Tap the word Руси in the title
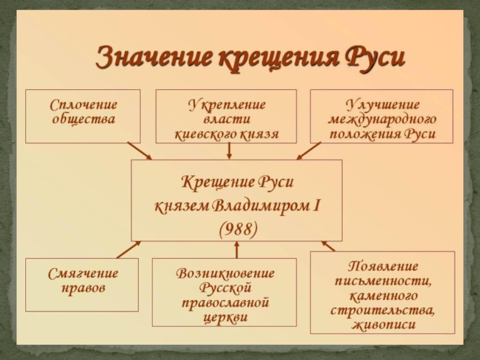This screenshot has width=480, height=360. [373, 58]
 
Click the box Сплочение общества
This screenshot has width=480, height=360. [82, 116]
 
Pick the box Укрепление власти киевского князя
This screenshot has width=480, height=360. [226, 116]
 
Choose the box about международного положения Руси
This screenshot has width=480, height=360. [382, 116]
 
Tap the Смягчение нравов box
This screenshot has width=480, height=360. [82, 284]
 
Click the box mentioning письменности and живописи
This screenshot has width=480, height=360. [382, 292]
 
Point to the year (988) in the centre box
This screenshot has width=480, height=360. [236, 229]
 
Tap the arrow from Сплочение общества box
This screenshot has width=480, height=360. [140, 151]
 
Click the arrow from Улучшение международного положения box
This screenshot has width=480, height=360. [309, 151]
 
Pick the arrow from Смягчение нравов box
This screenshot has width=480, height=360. [130, 249]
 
